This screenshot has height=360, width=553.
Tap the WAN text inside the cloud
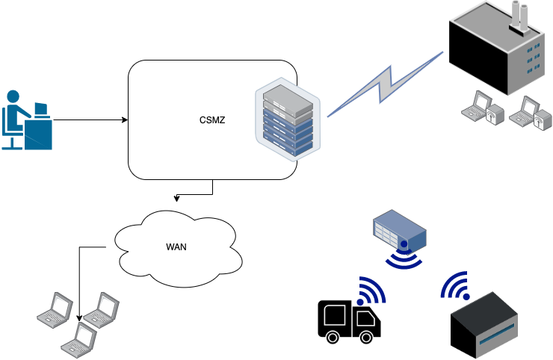click(x=176, y=246)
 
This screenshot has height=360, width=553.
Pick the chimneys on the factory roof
click(x=520, y=15)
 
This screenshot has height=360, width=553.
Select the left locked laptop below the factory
click(x=478, y=108)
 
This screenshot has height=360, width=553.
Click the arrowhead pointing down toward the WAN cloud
click(x=176, y=199)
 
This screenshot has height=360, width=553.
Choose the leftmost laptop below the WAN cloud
click(x=53, y=308)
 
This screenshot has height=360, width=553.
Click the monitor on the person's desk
click(x=40, y=109)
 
